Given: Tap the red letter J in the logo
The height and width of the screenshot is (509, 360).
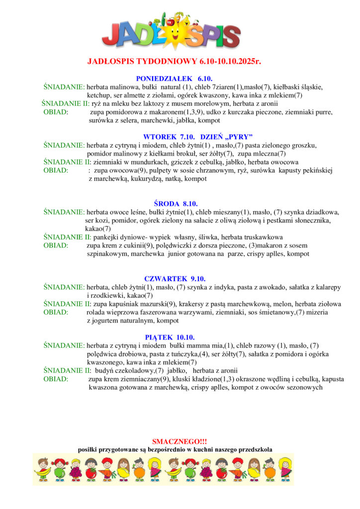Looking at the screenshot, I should (112, 35).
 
